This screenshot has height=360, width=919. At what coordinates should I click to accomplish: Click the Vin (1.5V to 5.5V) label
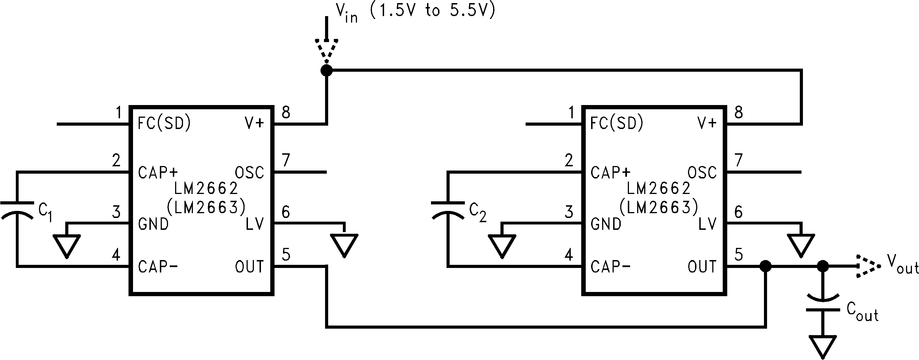coord(416,12)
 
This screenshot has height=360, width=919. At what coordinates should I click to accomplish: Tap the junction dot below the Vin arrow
coord(326,70)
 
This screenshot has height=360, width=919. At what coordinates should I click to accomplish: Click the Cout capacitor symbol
coord(823,303)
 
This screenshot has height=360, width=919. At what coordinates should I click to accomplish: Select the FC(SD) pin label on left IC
coord(164,123)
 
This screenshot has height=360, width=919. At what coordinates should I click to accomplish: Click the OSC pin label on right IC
coord(702,173)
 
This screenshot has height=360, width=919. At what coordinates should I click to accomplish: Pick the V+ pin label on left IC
coord(254,123)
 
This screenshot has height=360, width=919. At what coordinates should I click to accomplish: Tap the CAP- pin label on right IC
coord(610,267)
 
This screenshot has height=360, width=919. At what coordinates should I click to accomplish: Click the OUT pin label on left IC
coord(249,267)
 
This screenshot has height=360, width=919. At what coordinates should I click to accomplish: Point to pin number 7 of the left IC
coord(286,160)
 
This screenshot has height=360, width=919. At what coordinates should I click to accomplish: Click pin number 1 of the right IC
coord(571,113)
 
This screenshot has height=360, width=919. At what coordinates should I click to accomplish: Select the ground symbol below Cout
coord(823,346)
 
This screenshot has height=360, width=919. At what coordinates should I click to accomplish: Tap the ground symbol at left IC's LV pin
coord(344,245)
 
